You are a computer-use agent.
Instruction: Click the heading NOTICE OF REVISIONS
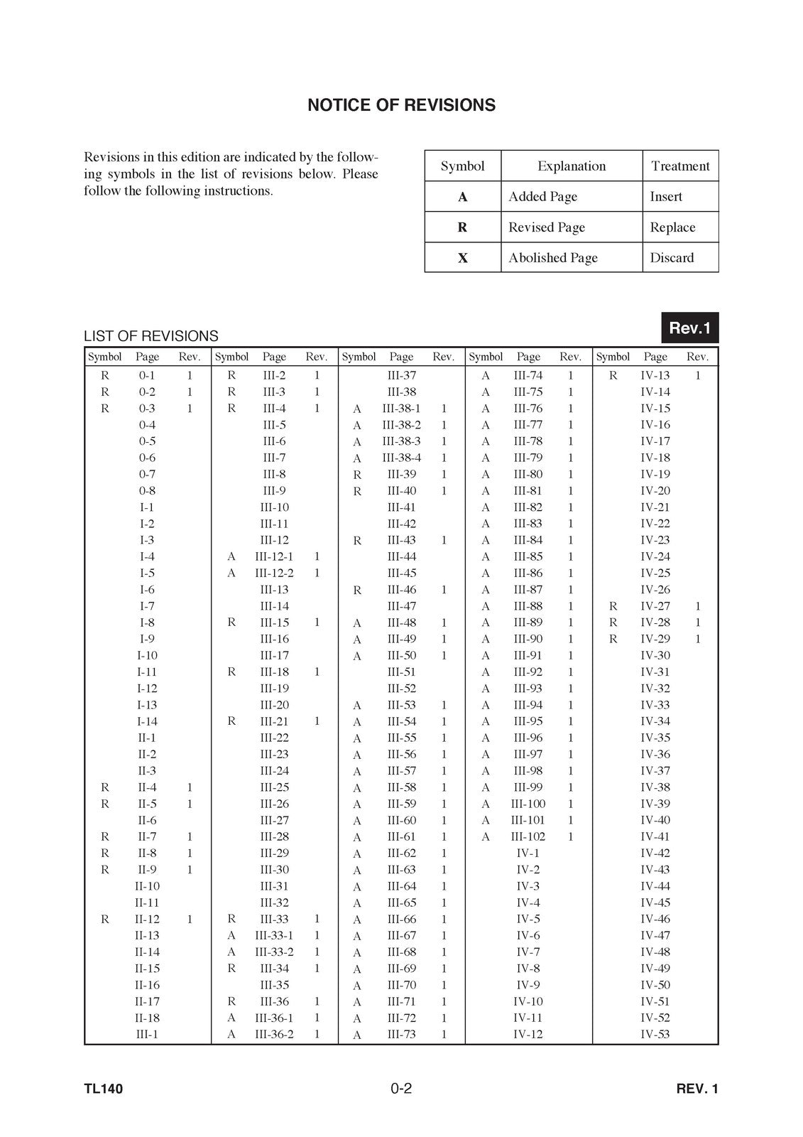(x=401, y=105)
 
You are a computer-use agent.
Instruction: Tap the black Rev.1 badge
(x=689, y=328)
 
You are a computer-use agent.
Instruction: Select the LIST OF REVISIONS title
(x=151, y=336)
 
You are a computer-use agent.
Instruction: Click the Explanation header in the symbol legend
(x=572, y=166)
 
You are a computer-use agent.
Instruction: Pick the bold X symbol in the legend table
(x=463, y=258)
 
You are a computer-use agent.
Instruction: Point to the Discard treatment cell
(x=672, y=258)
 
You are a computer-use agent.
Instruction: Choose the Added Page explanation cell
(x=542, y=197)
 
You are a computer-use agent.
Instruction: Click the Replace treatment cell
(x=672, y=227)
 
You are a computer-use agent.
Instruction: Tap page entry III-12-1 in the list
(x=274, y=556)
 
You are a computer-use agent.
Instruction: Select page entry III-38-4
(x=401, y=458)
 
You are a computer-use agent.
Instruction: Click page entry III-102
(x=528, y=836)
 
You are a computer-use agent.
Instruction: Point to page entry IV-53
(x=655, y=1034)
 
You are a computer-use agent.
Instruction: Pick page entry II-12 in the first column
(x=147, y=919)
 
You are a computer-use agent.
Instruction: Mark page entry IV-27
(x=655, y=606)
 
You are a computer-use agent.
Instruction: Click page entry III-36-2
(x=274, y=1034)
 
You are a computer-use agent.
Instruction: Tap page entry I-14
(x=147, y=721)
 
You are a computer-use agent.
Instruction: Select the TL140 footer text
(x=104, y=1089)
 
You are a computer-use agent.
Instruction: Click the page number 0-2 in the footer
(x=401, y=1088)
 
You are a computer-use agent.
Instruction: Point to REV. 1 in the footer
(x=697, y=1089)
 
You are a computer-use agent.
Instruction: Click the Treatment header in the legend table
(x=680, y=166)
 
